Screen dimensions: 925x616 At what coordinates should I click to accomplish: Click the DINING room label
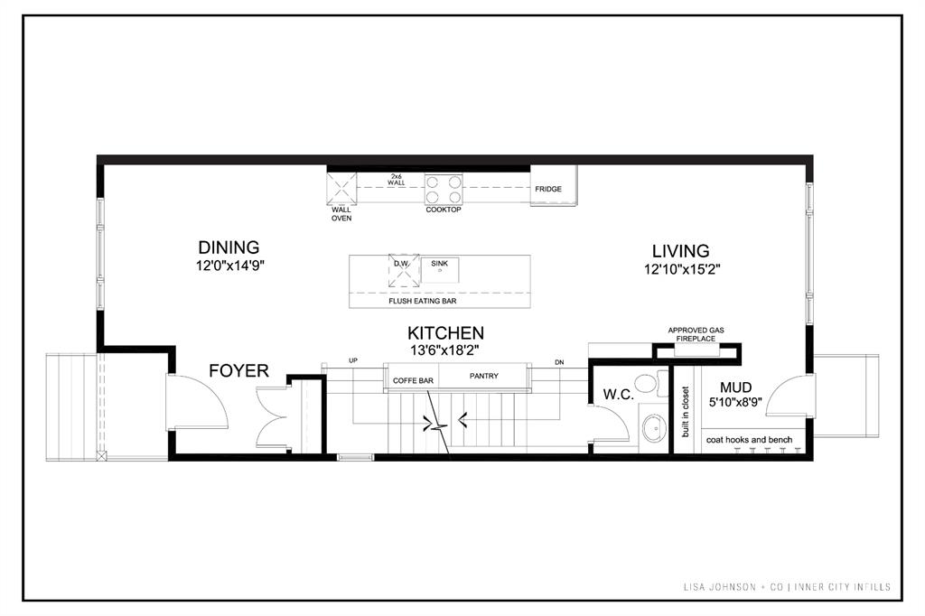point(229,247)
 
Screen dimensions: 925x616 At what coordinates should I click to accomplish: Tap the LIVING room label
point(680,251)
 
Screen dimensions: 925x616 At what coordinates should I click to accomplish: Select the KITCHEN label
point(445,332)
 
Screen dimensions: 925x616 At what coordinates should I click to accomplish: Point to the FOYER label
point(238,370)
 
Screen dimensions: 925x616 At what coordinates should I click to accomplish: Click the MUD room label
point(735,387)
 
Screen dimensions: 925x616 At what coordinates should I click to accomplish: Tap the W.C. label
point(618,395)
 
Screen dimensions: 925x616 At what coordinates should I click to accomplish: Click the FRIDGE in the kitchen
point(554,186)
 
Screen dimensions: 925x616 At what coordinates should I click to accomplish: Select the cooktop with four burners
point(444,190)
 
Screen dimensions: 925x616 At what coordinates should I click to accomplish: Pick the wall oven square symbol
point(341,189)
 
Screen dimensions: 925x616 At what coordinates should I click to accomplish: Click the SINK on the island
point(440,270)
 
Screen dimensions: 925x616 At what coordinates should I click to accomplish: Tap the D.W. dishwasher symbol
point(404,271)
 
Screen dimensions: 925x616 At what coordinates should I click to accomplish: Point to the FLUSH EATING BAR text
point(423,301)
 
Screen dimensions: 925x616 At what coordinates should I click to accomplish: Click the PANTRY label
point(484,376)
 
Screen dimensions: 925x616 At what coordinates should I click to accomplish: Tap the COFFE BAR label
point(413,380)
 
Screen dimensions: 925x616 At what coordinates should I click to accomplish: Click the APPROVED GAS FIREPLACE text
point(696,334)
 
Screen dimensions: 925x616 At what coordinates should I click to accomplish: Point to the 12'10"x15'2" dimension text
point(683,270)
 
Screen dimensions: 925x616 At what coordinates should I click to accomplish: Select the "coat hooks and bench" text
point(749,440)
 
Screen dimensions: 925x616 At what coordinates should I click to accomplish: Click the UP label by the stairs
point(353,360)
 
